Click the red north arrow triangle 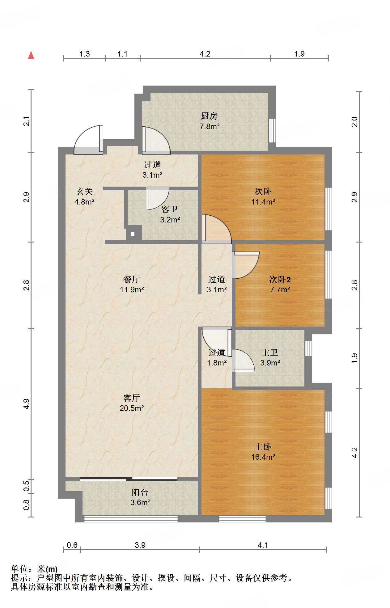[x=31, y=55]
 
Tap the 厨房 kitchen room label [x=209, y=121]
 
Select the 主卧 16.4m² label [x=263, y=452]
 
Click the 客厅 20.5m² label [x=132, y=403]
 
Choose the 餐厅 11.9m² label [x=132, y=284]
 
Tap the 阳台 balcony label [x=140, y=497]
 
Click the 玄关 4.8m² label [x=84, y=196]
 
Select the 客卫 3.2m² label [x=170, y=214]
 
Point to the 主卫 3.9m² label [x=270, y=357]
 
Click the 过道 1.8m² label [x=217, y=357]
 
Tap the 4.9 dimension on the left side [x=27, y=404]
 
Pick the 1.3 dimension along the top [x=84, y=54]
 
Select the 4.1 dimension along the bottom [x=263, y=545]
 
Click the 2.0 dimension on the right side [x=354, y=122]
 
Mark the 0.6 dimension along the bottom [x=72, y=545]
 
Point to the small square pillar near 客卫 [x=133, y=234]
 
